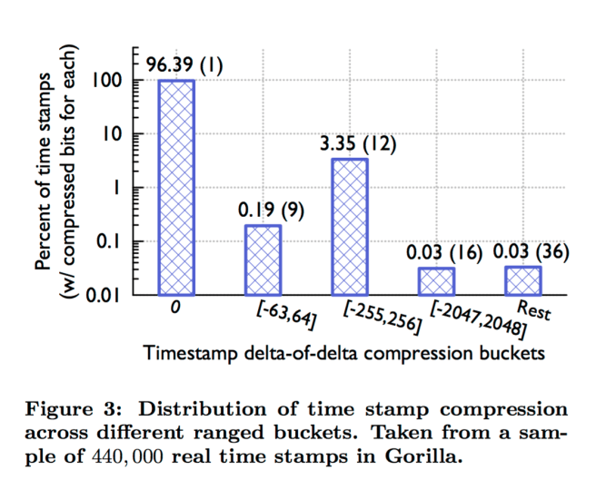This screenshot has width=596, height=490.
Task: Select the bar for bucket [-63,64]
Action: [x=263, y=260]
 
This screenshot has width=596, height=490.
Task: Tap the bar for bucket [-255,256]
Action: [x=350, y=226]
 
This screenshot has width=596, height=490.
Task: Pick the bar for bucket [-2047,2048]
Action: [x=436, y=280]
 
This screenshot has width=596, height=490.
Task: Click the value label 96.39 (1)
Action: [x=184, y=66]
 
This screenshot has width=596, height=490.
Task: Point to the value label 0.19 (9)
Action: [x=270, y=210]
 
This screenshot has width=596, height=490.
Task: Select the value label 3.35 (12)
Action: [x=358, y=143]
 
